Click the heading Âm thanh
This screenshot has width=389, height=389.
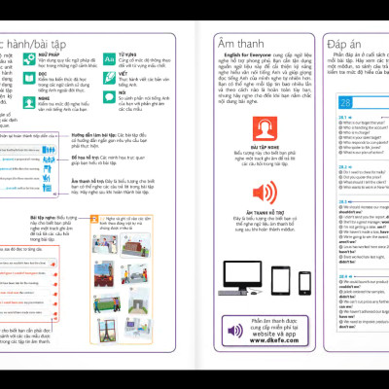tap(244, 40)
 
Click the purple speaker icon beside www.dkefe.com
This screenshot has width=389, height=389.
tap(236, 330)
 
